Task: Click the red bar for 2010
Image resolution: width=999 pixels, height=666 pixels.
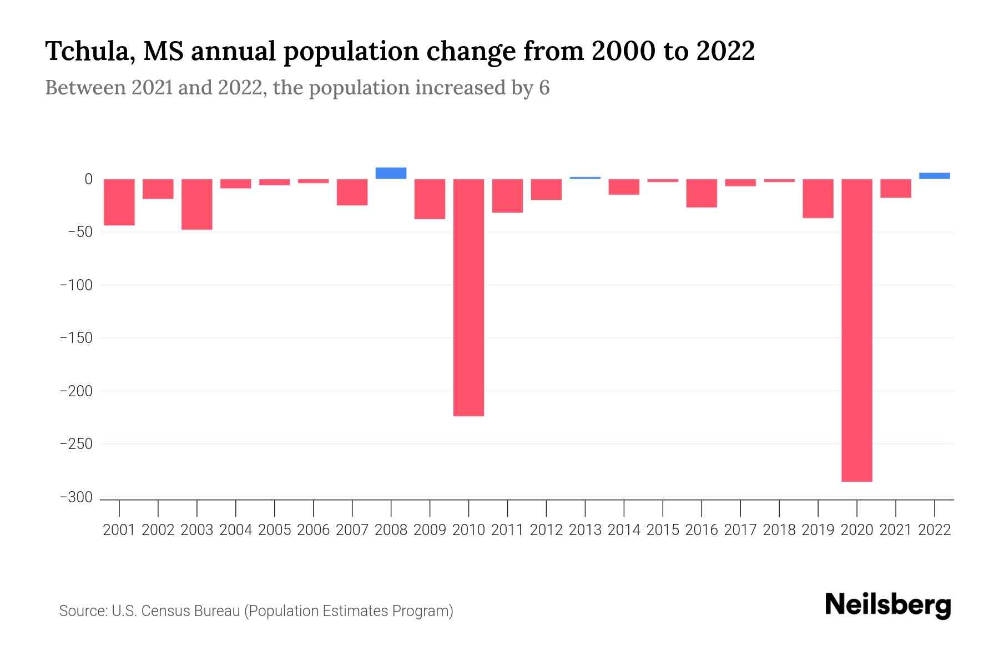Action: click(468, 297)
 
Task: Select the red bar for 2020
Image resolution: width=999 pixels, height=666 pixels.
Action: click(856, 330)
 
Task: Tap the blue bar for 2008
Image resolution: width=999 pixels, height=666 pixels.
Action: click(391, 173)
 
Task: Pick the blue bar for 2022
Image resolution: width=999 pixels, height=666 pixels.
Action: click(934, 176)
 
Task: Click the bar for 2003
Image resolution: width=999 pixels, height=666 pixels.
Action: click(197, 204)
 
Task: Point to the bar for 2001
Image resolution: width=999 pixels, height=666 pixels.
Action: click(119, 202)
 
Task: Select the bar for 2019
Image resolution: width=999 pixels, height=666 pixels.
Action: click(818, 198)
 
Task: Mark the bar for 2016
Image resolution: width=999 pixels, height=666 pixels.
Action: click(702, 193)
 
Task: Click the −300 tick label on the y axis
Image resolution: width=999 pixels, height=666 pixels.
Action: click(76, 498)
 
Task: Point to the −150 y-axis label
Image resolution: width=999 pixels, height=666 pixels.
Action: click(76, 338)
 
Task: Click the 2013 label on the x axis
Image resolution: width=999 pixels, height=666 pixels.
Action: click(585, 530)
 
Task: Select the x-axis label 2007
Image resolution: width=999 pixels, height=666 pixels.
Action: click(352, 530)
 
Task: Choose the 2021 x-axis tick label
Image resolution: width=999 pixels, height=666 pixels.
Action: click(895, 530)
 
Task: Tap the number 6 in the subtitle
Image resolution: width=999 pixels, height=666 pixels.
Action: click(544, 88)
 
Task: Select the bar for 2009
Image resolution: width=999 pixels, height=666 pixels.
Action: click(430, 199)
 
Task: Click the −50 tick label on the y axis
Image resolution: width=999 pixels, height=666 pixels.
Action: click(80, 232)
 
